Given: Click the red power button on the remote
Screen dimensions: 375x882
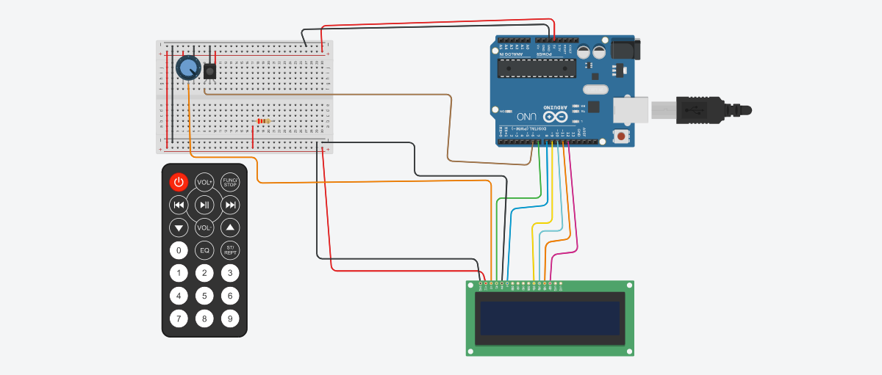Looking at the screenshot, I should coord(179,182).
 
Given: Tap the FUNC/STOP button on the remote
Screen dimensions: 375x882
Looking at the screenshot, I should coord(230,182).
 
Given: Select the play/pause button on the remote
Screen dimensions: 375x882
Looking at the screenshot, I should coord(204,205).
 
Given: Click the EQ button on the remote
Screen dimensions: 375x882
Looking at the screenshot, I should coord(204,250).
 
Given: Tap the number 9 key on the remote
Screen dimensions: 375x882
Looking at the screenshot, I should coord(230,318).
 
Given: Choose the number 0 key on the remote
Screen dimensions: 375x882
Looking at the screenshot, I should coord(179,250).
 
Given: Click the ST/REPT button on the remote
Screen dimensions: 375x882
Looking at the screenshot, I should coord(230,250).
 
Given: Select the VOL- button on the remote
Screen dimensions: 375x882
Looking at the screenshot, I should coord(204,227).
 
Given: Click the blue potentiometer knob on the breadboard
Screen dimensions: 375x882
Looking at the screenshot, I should coord(187,68).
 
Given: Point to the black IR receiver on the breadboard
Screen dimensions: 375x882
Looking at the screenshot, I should coord(210,71).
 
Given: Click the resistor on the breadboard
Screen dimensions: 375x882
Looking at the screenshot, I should coord(261,121).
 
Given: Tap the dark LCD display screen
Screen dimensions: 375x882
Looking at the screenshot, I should coord(550,318).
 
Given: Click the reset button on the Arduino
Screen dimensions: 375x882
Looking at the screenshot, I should coord(622,136).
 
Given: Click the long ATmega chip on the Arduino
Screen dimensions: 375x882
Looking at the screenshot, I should coord(535,68).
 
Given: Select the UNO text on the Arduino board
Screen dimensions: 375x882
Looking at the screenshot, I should coord(526,117).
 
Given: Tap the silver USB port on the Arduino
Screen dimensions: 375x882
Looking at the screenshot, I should coord(631,109).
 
